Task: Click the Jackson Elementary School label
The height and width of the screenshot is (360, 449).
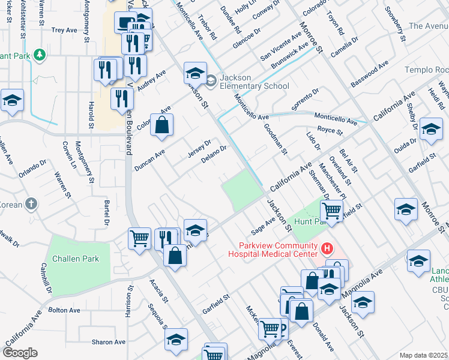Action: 254,82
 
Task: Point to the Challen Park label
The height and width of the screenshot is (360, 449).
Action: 75,259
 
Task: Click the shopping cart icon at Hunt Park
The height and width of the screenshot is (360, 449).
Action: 332,211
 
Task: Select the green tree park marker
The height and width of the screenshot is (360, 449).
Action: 40,55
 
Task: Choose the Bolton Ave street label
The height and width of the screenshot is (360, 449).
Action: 64,310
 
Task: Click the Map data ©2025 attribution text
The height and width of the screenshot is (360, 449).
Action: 423,355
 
